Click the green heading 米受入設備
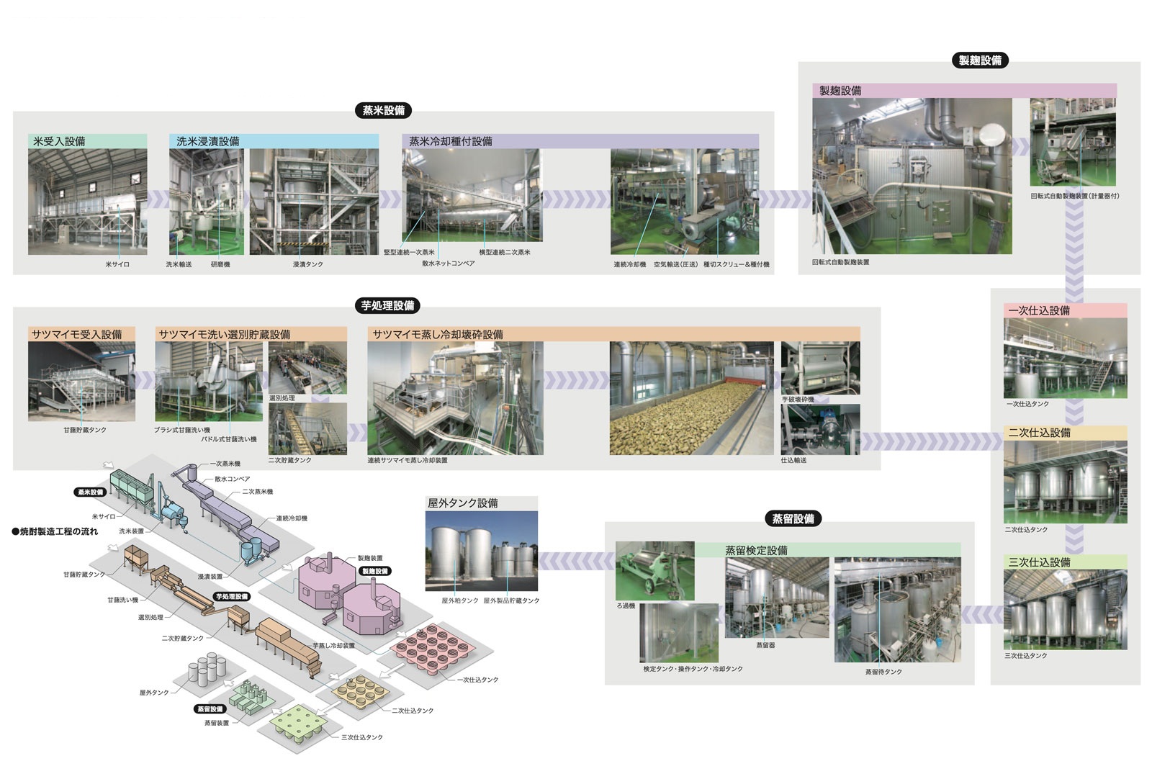tap(59, 141)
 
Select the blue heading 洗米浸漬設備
tap(208, 141)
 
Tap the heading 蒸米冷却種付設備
tap(451, 141)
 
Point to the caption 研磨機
tap(220, 265)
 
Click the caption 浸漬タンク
tap(308, 265)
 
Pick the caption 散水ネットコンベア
tap(449, 264)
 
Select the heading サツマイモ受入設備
tap(77, 335)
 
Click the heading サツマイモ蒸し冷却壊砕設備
tap(438, 335)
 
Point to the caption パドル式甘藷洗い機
tap(228, 439)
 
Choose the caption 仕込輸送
tap(793, 460)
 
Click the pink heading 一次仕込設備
tap(1039, 310)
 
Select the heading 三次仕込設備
tap(1039, 562)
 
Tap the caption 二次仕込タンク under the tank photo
tap(1026, 530)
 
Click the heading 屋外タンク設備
tap(463, 503)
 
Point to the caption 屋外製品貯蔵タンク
tap(511, 600)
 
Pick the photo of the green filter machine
tap(655, 570)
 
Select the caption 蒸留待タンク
tap(883, 672)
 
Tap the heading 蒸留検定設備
tap(756, 551)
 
